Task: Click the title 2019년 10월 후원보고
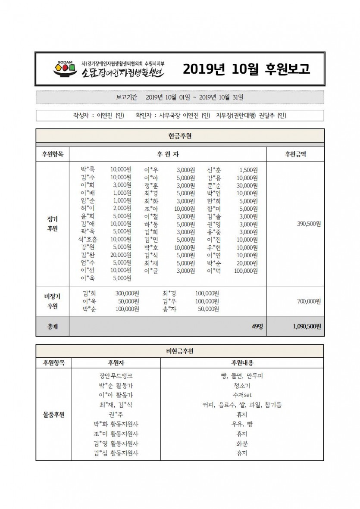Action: point(246,69)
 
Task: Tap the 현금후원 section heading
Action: point(180,136)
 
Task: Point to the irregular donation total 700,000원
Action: point(309,301)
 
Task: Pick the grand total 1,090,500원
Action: point(307,326)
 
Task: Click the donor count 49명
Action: point(257,326)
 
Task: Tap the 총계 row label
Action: point(52,326)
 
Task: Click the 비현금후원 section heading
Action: point(180,351)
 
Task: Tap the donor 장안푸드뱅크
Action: point(116,376)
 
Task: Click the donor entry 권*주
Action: point(116,414)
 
